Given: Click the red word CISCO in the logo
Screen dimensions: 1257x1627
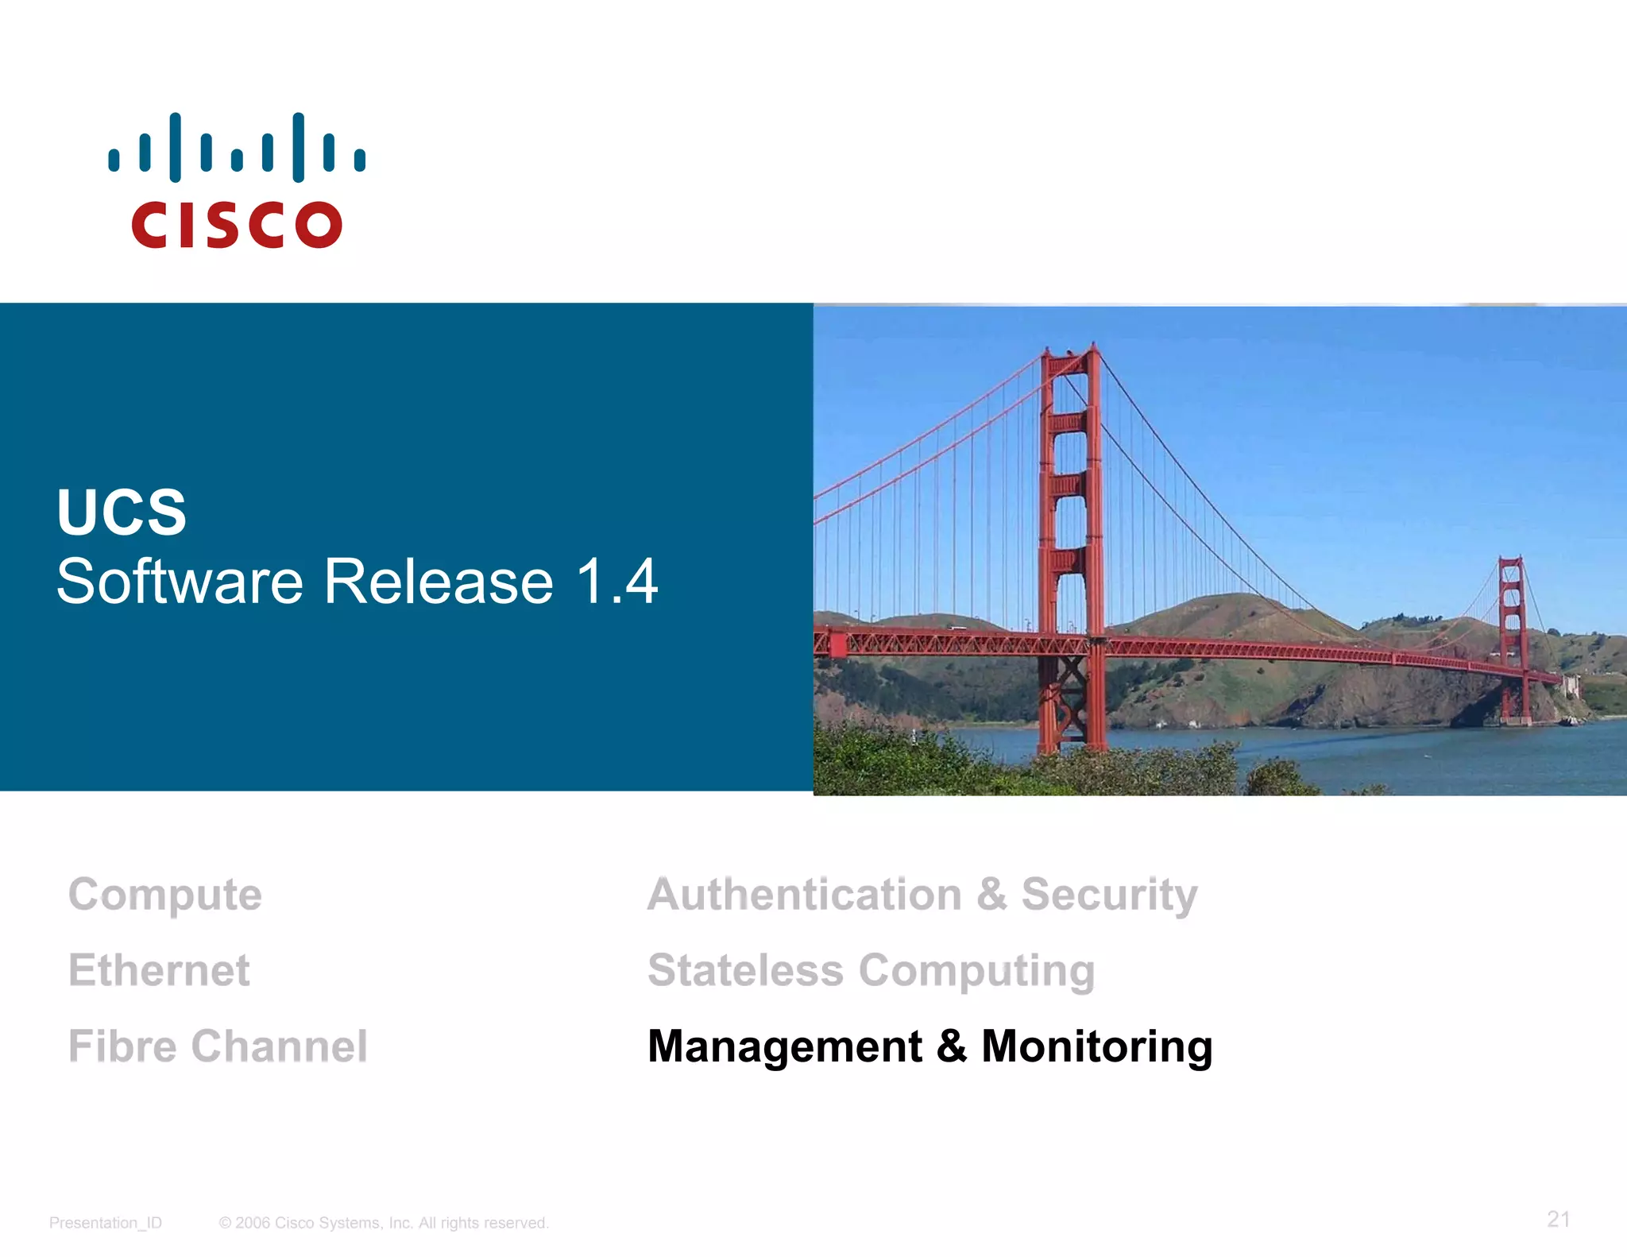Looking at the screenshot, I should point(237,225).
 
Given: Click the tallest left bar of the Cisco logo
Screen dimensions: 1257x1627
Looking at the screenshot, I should point(175,148).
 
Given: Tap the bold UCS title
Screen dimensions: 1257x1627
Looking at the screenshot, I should point(122,512).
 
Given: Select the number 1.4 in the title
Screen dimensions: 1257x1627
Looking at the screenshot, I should point(616,582).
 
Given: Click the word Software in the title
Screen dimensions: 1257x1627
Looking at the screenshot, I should point(180,582).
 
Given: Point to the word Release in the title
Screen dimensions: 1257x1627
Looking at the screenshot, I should point(439,582).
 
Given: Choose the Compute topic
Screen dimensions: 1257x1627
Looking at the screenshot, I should point(165,895).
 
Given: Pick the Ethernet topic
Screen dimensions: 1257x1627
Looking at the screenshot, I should point(159,970).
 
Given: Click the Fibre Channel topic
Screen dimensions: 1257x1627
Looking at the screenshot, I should point(218,1046).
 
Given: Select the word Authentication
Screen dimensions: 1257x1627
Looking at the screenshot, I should point(805,895).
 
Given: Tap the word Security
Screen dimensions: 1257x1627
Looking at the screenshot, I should point(1109,895).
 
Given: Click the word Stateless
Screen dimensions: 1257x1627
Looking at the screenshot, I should point(745,970).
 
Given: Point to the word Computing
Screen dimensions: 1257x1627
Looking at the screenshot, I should point(976,972).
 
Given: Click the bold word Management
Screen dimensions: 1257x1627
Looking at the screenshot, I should point(785,1046).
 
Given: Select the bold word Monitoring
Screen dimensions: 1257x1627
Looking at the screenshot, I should point(1097,1046).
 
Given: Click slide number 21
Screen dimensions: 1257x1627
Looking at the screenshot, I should point(1558,1219).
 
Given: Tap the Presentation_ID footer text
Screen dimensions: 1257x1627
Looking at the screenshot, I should point(106,1223).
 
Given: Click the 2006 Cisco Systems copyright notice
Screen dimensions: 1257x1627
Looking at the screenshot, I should point(384,1223).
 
